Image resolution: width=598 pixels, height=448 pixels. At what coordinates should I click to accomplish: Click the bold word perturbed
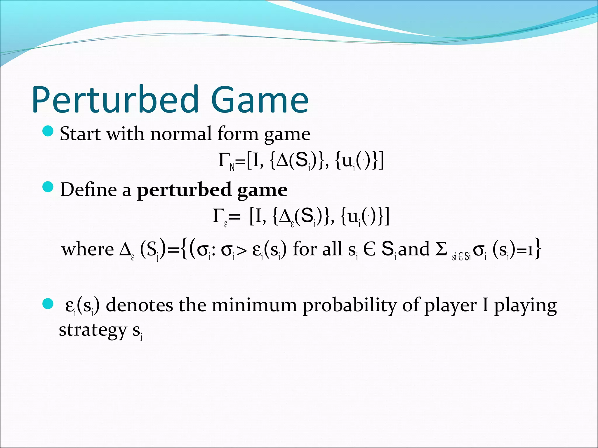[x=184, y=190]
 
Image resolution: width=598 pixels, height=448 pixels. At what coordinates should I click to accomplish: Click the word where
[x=87, y=250]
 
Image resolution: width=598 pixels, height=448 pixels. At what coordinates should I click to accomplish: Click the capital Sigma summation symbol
[x=441, y=249]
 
